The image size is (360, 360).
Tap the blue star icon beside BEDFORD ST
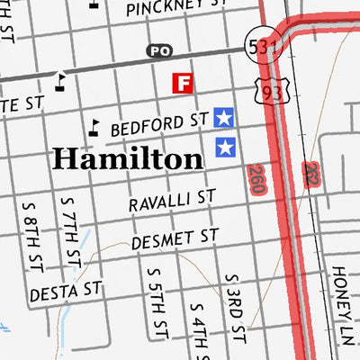(224, 116)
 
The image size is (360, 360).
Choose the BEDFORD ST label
(159, 125)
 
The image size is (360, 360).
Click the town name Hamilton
(127, 158)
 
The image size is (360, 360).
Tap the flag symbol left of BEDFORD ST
(93, 128)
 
